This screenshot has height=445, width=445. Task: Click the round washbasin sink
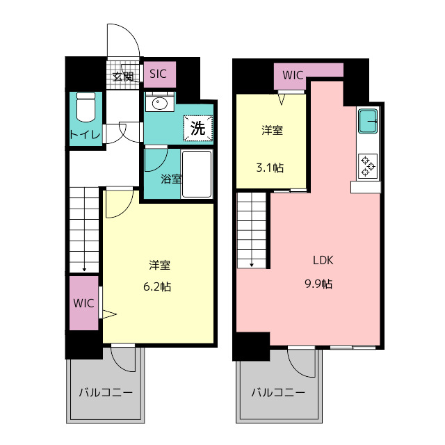click(x=160, y=104)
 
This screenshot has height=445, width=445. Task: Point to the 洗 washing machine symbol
click(x=197, y=128)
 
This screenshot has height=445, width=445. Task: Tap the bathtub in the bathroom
click(x=197, y=174)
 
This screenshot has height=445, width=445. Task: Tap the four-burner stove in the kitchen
click(x=368, y=166)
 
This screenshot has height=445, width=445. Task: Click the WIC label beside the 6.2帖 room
click(x=83, y=303)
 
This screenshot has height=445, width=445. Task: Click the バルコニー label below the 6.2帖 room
click(x=106, y=393)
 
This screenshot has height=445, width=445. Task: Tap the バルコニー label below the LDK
click(x=278, y=393)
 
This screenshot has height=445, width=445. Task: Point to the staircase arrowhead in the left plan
click(x=83, y=268)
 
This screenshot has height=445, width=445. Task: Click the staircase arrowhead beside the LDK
click(x=252, y=264)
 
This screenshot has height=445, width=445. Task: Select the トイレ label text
click(x=84, y=134)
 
